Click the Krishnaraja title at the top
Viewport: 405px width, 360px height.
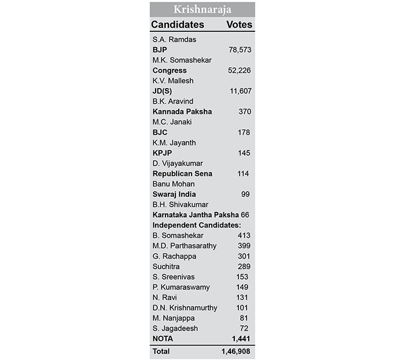[202, 10]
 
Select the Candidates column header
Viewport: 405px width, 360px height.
[178, 25]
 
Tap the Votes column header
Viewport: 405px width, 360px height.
[240, 25]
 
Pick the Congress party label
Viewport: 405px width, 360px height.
[170, 71]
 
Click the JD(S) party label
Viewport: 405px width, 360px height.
[163, 91]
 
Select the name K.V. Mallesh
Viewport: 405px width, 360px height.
[173, 81]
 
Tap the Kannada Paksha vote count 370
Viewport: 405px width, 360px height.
[244, 112]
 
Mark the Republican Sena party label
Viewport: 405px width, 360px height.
[182, 174]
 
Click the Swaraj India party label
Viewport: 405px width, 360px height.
[174, 194]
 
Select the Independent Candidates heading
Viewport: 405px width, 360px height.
[197, 225]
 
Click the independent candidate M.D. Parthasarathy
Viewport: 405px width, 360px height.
[185, 245]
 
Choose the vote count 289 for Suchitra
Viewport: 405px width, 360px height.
[244, 266]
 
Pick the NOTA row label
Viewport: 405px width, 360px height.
[163, 338]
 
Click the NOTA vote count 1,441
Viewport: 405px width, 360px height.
[240, 338]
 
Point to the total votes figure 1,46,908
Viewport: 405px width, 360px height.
[236, 351]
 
